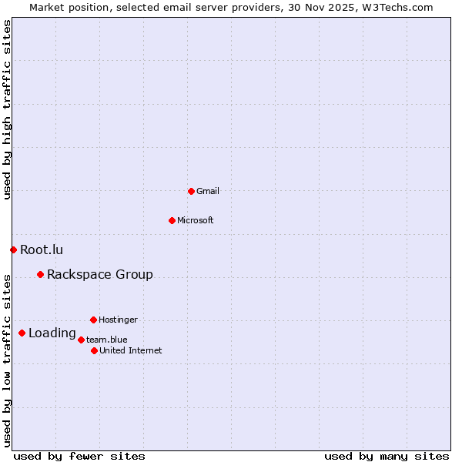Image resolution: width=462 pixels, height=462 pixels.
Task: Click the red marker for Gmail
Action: pyautogui.click(x=192, y=191)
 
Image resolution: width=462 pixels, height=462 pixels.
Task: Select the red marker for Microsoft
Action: pyautogui.click(x=172, y=220)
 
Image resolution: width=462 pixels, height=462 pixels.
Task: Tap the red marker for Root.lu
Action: pyautogui.click(x=13, y=249)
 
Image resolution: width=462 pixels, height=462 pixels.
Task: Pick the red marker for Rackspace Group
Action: pyautogui.click(x=40, y=274)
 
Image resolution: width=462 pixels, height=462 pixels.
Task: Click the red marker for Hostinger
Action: pyautogui.click(x=93, y=320)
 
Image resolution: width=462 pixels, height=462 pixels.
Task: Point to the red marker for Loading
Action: pyautogui.click(x=22, y=333)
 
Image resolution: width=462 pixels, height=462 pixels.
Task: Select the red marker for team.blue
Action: pyautogui.click(x=81, y=340)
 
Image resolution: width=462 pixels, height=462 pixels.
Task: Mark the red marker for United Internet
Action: pyautogui.click(x=94, y=350)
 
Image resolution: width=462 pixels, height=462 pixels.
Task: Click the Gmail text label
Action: pyautogui.click(x=208, y=191)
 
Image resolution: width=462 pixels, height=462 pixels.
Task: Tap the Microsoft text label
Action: pyautogui.click(x=196, y=220)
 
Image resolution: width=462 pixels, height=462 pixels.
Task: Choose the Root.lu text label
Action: pyautogui.click(x=42, y=249)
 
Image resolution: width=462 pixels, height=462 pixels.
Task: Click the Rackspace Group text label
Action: pyautogui.click(x=100, y=275)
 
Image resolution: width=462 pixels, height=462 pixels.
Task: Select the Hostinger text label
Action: pyautogui.click(x=119, y=320)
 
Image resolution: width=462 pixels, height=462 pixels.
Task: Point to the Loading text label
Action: pyautogui.click(x=52, y=333)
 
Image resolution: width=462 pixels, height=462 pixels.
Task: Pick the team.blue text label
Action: pyautogui.click(x=107, y=340)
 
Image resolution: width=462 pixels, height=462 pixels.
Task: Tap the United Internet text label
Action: pyautogui.click(x=131, y=350)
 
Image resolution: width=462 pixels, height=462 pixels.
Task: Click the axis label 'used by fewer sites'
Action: pyautogui.click(x=79, y=456)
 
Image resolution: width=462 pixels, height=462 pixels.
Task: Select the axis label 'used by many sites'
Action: pyautogui.click(x=387, y=456)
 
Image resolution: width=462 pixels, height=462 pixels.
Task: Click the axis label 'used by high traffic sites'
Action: pyautogui.click(x=7, y=109)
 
